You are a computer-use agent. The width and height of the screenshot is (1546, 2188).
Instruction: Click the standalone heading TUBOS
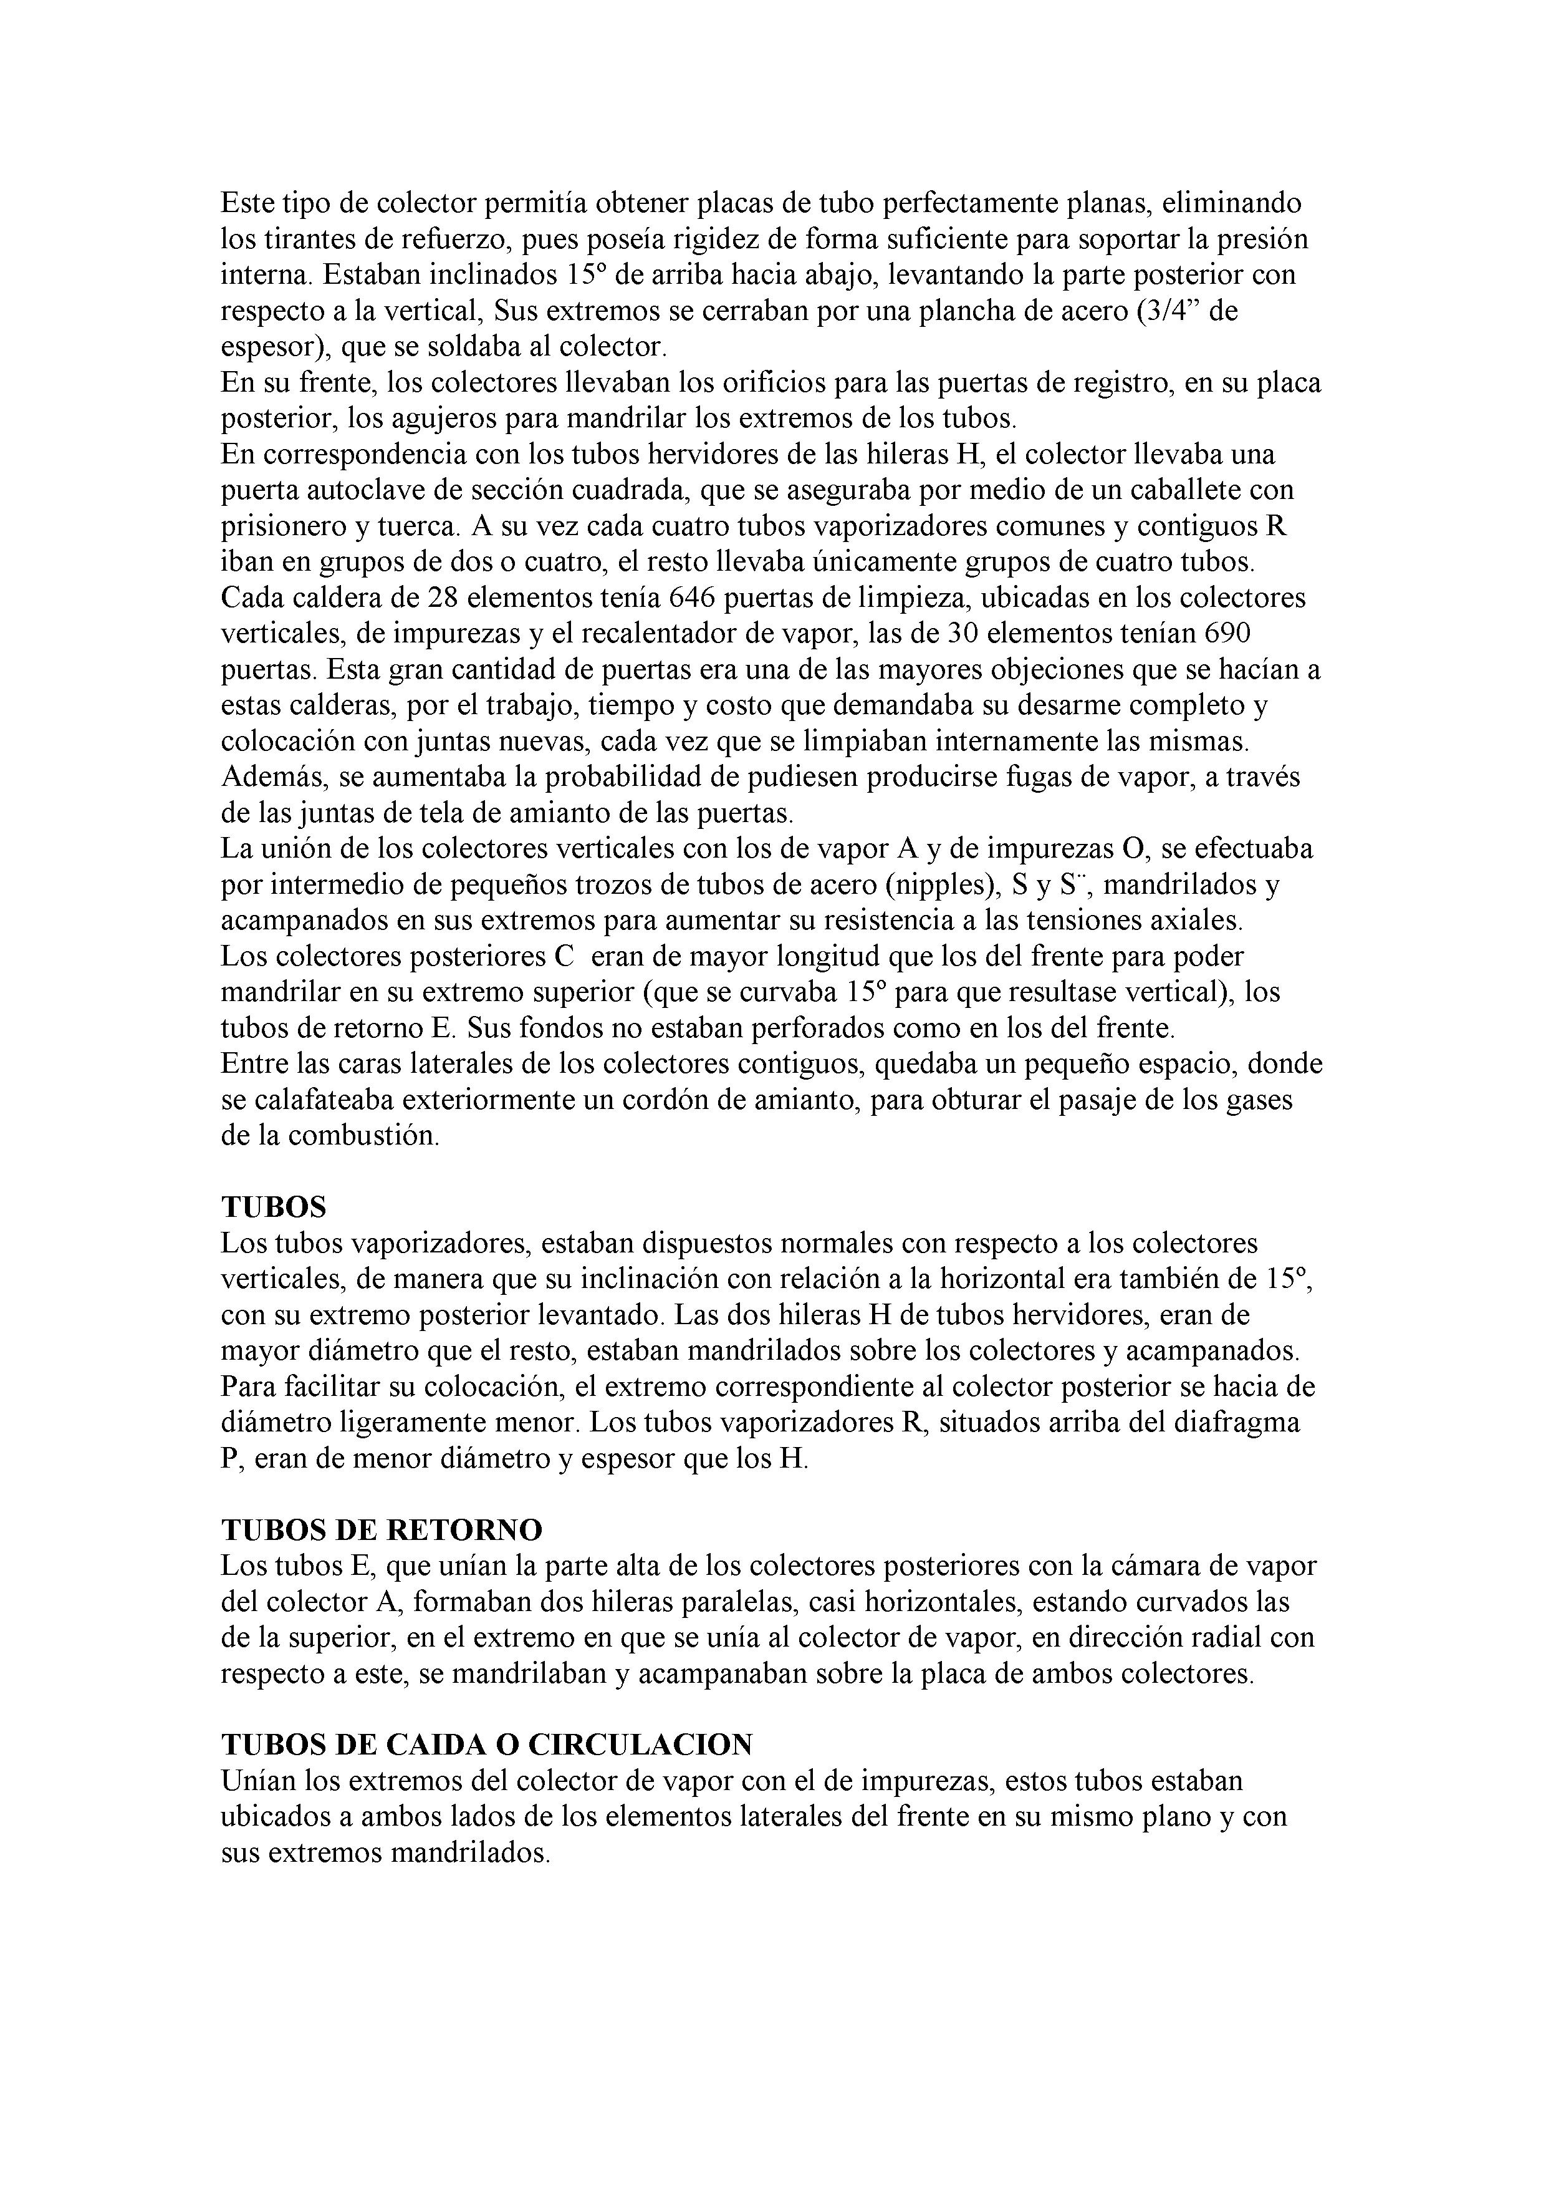[274, 1208]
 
